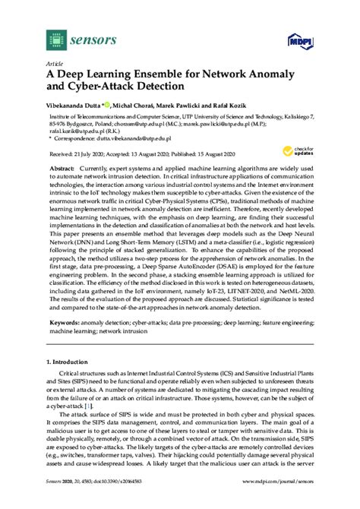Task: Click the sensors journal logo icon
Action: pos(53,37)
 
